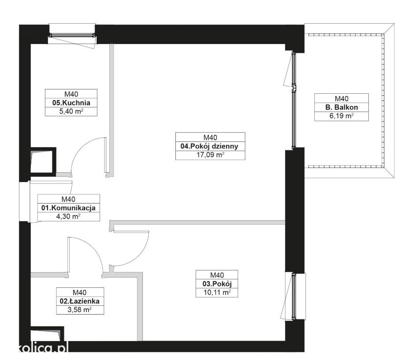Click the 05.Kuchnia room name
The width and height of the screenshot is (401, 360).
(71, 103)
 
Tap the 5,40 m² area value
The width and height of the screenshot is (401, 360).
(71, 111)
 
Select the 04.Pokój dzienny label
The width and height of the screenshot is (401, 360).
(209, 146)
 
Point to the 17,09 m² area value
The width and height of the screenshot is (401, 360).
(211, 155)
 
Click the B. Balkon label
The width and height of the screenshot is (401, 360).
(342, 108)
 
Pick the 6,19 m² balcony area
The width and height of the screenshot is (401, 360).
(342, 116)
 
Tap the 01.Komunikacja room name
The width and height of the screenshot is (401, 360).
(68, 208)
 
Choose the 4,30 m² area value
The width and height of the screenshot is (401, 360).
(68, 216)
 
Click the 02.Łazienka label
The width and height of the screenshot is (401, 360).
(79, 301)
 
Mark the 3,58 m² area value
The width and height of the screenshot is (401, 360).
(79, 310)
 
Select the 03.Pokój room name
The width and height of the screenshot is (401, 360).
(217, 284)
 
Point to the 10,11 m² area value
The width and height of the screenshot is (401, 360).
(217, 293)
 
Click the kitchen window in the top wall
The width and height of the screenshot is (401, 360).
(72, 35)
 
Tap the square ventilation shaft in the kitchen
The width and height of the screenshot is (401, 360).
(43, 162)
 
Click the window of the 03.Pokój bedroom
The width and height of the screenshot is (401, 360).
(294, 297)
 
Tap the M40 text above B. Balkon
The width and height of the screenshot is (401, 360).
(342, 99)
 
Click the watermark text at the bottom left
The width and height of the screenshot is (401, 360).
(44, 348)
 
